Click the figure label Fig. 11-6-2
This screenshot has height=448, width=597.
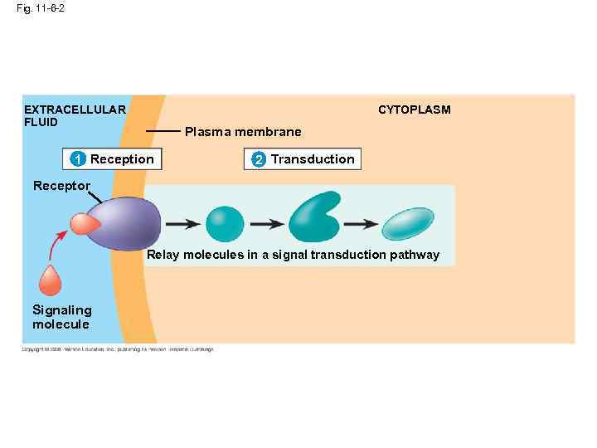pos(41,8)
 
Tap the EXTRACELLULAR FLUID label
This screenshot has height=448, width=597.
pos(75,115)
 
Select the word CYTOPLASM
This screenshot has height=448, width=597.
pos(415,110)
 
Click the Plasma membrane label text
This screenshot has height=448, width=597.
pos(243,132)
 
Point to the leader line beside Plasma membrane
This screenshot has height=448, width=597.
pos(163,131)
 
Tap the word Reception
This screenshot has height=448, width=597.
pos(122,159)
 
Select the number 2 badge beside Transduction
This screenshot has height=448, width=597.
pos(258,159)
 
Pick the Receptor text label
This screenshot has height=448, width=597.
pos(61,186)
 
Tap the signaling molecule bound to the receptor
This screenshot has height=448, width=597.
pos(84,224)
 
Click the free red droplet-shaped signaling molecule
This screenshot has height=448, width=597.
pos(51,280)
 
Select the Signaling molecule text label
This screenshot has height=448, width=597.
pos(61,317)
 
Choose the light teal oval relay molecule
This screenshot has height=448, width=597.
pos(406,224)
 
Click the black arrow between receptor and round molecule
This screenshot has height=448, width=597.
pos(182,224)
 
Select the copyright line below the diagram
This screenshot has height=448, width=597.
pos(117,349)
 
